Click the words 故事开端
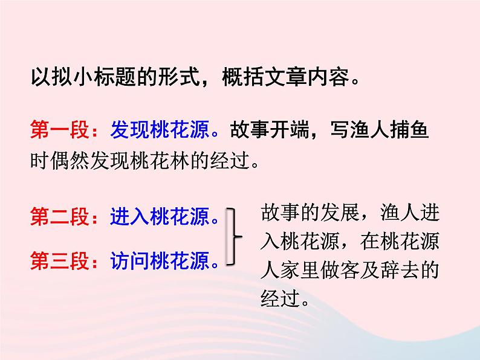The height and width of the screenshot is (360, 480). pyautogui.click(x=261, y=131)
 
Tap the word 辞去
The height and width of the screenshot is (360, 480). pyautogui.click(x=403, y=271)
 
